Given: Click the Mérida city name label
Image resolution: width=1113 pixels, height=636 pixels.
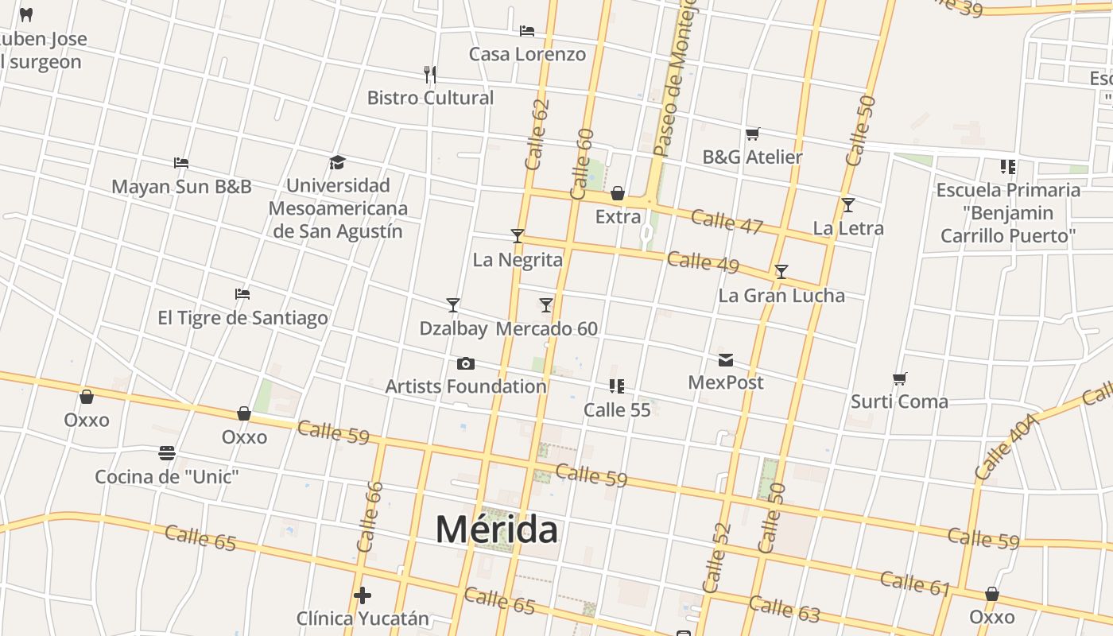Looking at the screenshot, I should click(x=496, y=529).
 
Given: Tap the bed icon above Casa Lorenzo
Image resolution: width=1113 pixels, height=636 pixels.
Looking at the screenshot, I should click(x=526, y=31).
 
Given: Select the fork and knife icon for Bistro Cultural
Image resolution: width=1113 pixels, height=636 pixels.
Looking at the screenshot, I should click(x=430, y=75).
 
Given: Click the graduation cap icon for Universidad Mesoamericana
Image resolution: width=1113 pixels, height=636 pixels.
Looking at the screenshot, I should click(x=337, y=163).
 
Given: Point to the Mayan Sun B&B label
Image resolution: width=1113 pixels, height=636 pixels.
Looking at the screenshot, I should click(x=181, y=187).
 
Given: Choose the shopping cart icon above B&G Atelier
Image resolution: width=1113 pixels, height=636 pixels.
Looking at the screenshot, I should click(x=752, y=134).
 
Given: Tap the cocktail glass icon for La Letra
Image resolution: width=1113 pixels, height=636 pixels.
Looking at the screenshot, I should click(x=848, y=205).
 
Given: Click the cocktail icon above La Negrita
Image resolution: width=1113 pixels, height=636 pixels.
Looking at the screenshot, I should click(x=518, y=236).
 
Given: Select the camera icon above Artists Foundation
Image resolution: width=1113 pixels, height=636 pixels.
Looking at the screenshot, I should click(x=466, y=364).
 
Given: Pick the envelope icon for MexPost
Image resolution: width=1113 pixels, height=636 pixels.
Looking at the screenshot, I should click(x=726, y=360).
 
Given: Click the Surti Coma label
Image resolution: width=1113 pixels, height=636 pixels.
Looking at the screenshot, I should click(x=899, y=401).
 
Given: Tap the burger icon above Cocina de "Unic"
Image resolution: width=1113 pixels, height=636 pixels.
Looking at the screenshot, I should click(x=167, y=453).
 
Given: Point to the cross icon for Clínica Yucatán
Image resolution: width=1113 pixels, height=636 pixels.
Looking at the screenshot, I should click(x=363, y=595).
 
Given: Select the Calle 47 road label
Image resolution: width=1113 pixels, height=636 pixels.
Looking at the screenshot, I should click(x=727, y=220).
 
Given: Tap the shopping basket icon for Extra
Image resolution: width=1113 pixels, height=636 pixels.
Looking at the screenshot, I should click(x=618, y=193).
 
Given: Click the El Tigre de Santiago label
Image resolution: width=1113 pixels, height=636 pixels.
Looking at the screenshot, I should click(x=242, y=318).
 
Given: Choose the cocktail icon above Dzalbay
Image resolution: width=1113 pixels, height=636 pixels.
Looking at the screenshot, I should click(x=453, y=305).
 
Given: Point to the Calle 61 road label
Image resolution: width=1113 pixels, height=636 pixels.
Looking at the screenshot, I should click(x=915, y=583).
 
